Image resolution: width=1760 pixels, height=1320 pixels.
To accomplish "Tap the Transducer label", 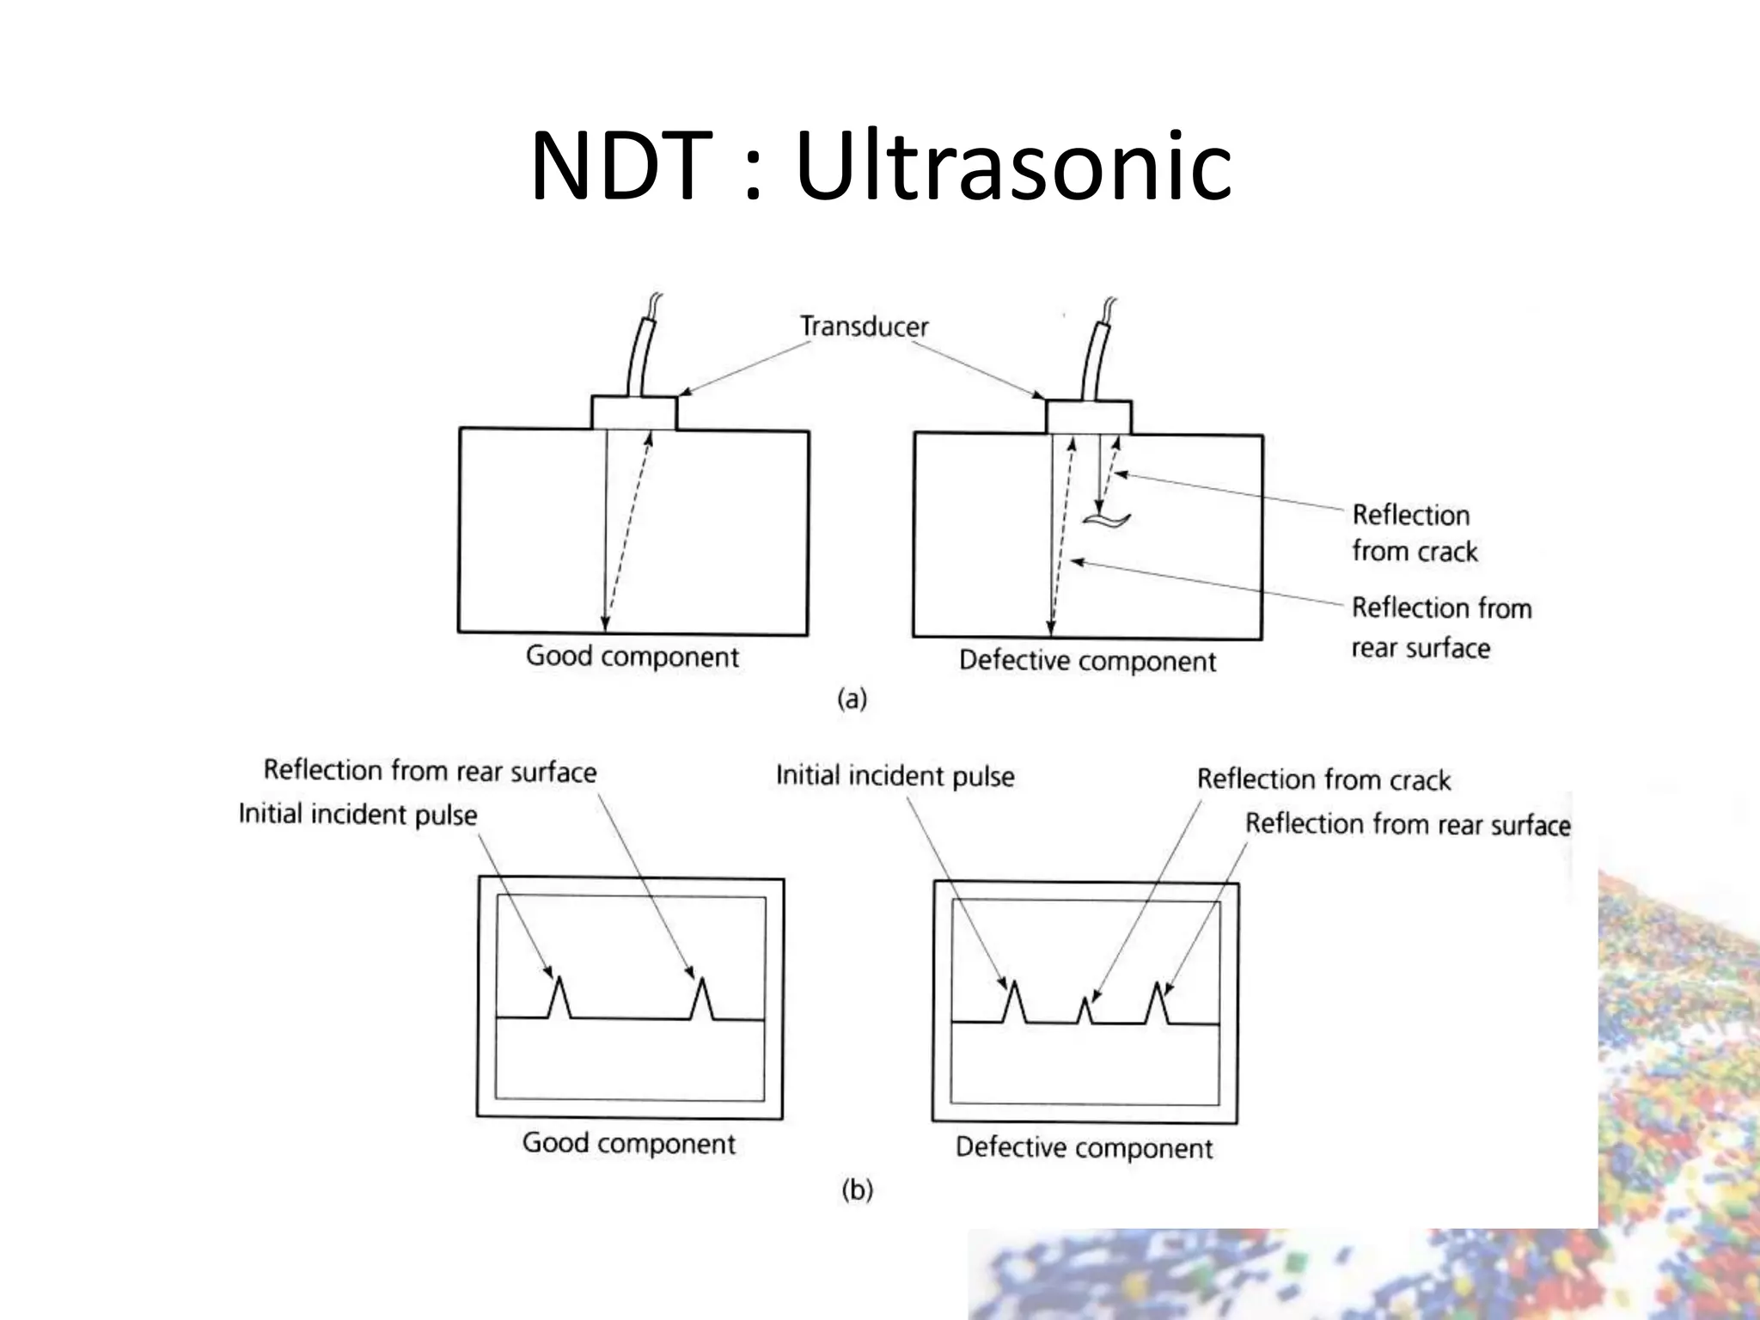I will [864, 327].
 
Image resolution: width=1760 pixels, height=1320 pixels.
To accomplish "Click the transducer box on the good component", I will [633, 412].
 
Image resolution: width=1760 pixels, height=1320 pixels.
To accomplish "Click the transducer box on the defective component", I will [1088, 417].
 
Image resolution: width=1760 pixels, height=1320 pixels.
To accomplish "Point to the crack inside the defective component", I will [1106, 519].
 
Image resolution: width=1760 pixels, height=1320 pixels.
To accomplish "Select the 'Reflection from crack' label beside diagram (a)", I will [1414, 533].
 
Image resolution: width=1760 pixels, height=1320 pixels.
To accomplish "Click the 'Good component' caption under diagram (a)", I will [632, 657].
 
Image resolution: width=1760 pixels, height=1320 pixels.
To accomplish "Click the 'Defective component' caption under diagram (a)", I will [1087, 661].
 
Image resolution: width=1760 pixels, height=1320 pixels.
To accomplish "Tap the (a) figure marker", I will [852, 700].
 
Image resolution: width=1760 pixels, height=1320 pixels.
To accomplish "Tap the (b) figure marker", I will [857, 1190].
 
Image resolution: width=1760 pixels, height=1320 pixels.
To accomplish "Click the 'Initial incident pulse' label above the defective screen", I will [895, 776].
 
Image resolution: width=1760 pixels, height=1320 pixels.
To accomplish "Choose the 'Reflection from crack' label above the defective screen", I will [1323, 779].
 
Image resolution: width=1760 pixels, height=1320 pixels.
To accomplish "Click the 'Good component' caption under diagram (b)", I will [628, 1143].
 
